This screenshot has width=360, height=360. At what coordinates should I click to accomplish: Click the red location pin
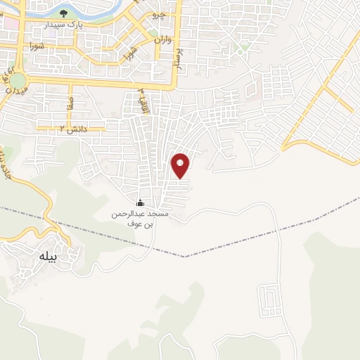pyautogui.click(x=181, y=165)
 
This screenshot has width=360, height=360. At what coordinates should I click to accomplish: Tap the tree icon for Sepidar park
pyautogui.click(x=64, y=13)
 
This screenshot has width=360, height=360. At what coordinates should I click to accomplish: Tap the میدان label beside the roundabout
pyautogui.click(x=19, y=92)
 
